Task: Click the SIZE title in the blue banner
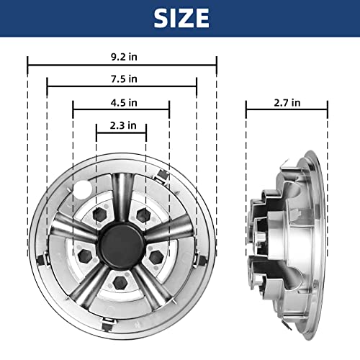click(181, 18)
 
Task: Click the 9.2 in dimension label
click(124, 57)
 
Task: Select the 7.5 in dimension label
click(124, 78)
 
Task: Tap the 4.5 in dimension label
click(124, 103)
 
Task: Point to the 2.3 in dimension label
click(123, 125)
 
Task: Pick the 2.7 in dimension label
click(287, 103)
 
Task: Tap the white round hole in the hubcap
click(83, 190)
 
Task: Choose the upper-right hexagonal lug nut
click(143, 215)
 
